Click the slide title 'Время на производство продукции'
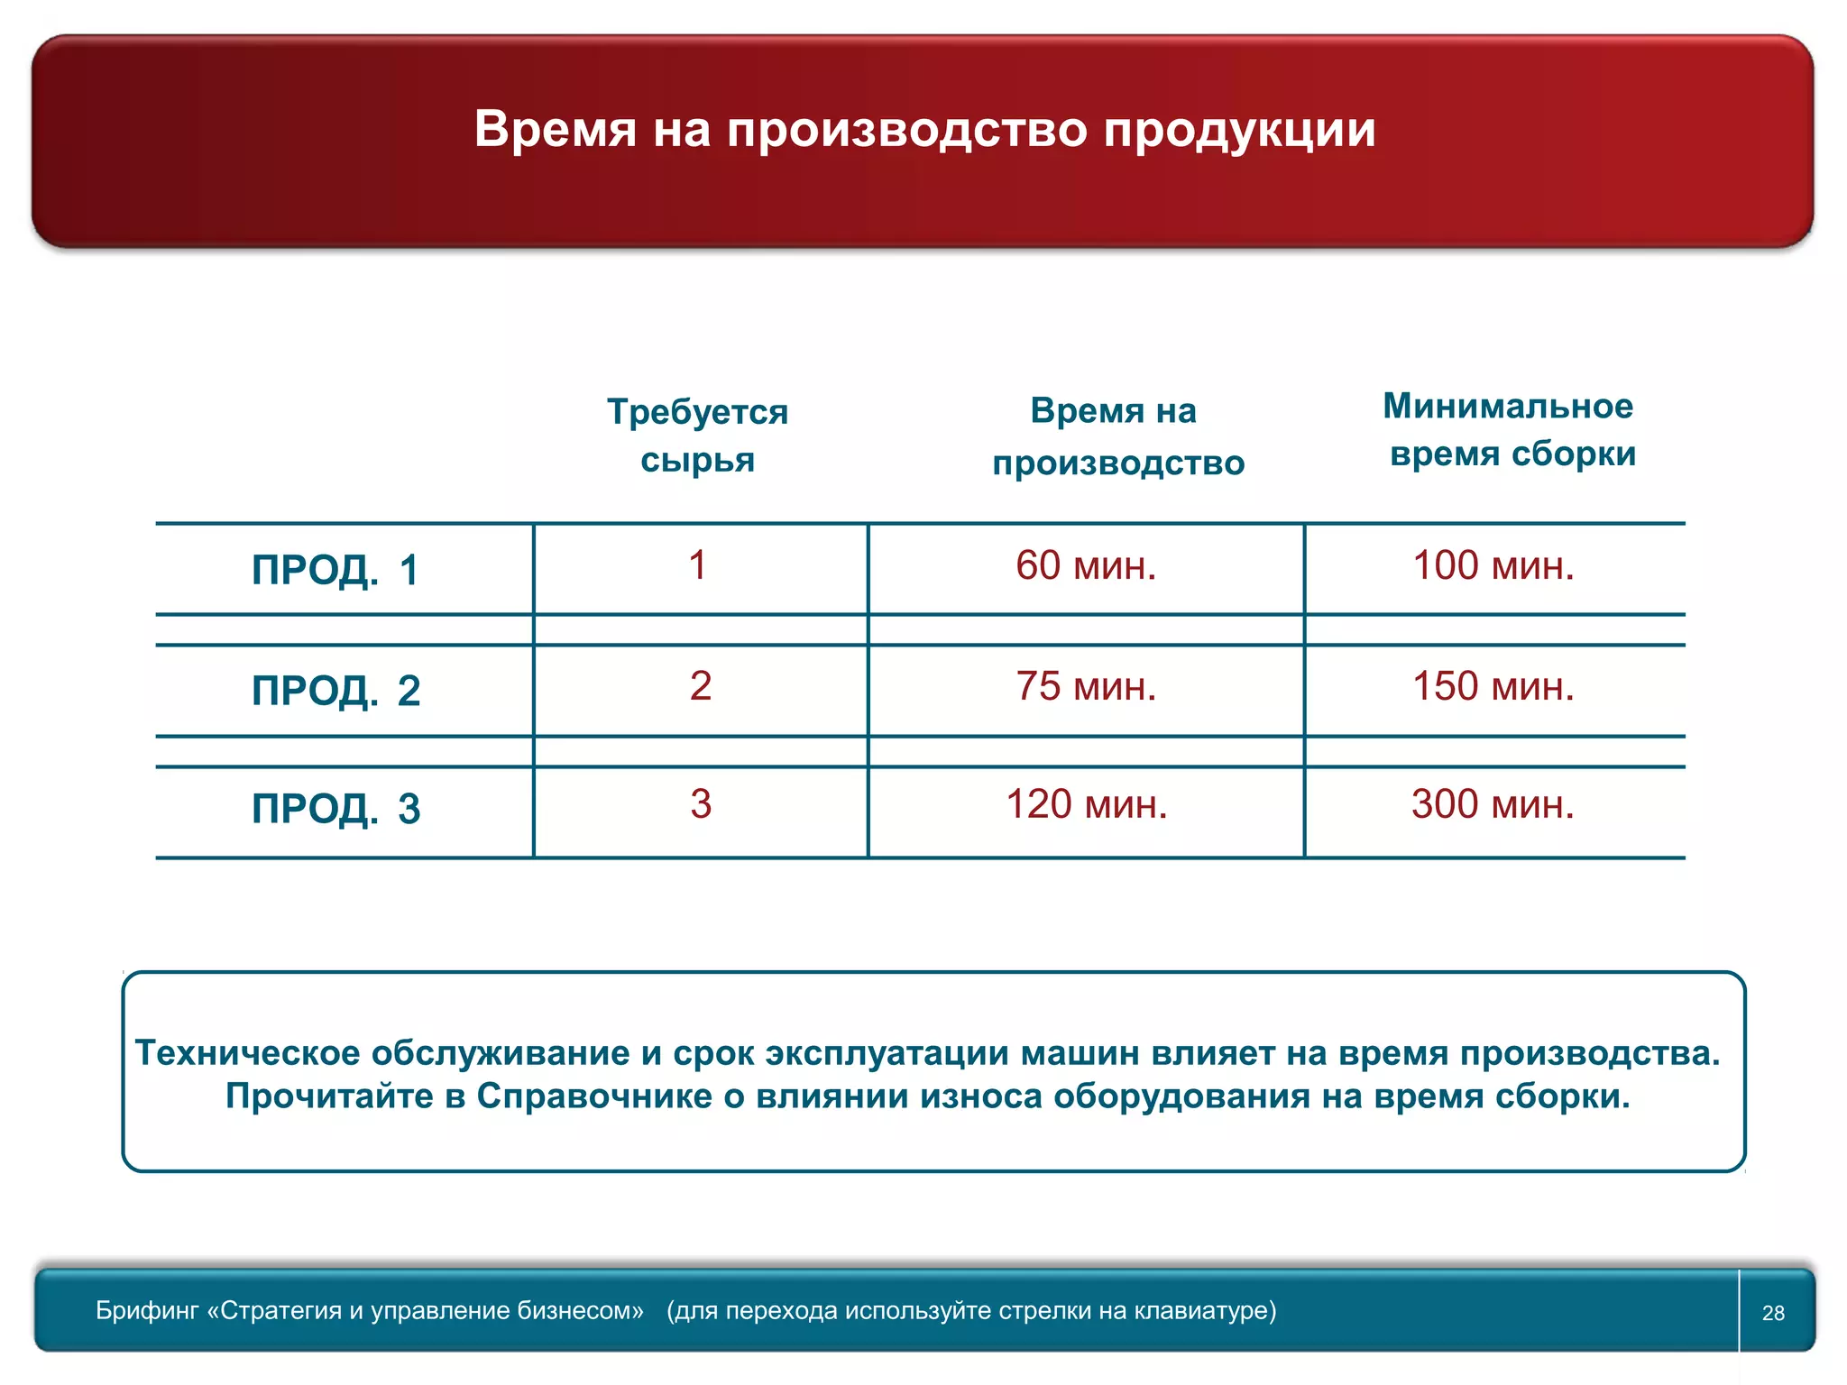924,129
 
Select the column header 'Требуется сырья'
697,436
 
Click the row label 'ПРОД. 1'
335,570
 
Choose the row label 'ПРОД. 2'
335,691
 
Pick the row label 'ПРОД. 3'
335,809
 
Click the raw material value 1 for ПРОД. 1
697,566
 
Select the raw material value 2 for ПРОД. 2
701,686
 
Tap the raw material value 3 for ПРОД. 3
701,804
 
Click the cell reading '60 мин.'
1086,566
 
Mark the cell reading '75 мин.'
1086,687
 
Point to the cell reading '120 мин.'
1086,804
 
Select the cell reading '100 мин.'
1493,566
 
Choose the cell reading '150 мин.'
1493,687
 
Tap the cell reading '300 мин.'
1493,804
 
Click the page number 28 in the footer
1773,1313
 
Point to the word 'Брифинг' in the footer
147,1310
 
